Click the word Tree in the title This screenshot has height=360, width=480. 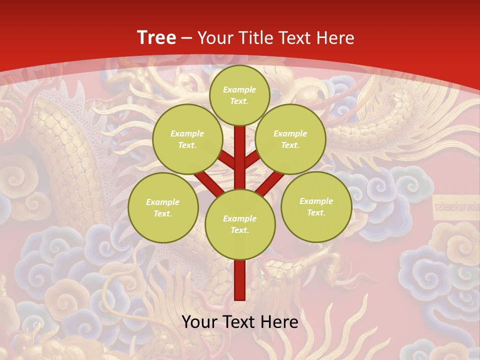(156, 38)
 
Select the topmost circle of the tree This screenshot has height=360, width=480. (239, 95)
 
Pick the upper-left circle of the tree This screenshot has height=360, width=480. (187, 139)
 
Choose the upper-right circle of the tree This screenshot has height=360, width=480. (290, 139)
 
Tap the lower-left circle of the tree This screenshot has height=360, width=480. (163, 207)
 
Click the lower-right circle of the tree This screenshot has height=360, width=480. (316, 206)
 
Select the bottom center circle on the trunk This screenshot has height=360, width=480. (240, 224)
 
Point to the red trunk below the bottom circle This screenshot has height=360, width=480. (240, 280)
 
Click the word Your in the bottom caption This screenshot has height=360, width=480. (200, 322)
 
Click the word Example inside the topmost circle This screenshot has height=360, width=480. (239, 89)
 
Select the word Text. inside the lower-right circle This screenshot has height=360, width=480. (316, 212)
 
